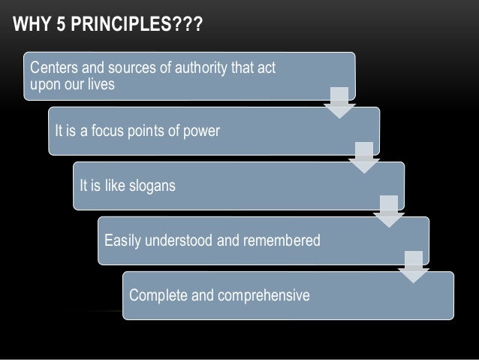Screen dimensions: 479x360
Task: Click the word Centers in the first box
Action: coord(52,70)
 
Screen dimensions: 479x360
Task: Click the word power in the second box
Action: coord(199,132)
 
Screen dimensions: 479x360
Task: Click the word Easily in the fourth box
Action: coord(123,241)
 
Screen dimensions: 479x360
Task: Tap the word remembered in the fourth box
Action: coord(282,241)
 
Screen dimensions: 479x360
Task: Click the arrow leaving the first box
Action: coord(339,102)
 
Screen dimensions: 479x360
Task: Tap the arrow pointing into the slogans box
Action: coord(364,156)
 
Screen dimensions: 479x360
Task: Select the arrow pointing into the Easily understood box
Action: coord(389,211)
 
